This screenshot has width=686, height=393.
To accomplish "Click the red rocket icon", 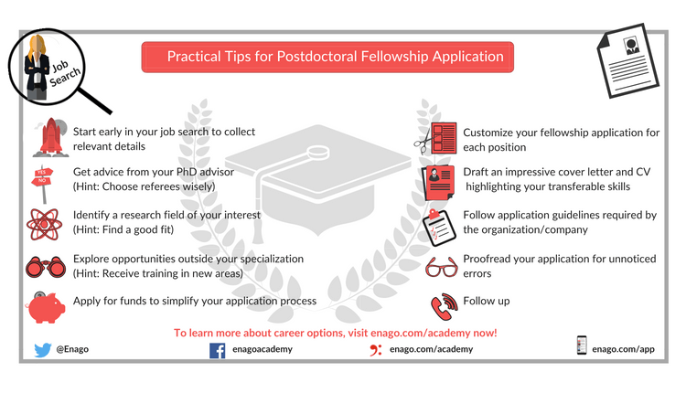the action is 50,137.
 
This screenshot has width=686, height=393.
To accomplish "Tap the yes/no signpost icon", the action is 42,184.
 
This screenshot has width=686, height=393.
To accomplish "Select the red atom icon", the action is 44,224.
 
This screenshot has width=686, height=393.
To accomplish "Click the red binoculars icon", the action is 46,267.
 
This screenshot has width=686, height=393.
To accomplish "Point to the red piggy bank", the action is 46,307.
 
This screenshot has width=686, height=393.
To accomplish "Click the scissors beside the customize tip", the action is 423,141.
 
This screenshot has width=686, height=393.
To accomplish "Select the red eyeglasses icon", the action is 442,267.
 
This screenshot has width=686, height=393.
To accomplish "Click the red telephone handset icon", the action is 444,306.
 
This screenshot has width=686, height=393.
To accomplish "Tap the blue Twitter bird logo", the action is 42,350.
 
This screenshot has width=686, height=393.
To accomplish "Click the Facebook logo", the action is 218,351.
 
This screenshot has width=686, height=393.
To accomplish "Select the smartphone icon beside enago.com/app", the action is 582,345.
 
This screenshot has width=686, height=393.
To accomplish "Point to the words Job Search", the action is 64,72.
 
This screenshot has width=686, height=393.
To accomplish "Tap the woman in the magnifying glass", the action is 38,68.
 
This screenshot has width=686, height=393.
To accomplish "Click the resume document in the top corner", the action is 627,60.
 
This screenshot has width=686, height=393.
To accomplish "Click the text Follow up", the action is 487,302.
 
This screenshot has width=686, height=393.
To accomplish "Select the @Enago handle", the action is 72,349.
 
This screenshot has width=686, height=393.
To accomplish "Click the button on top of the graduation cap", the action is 318,152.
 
